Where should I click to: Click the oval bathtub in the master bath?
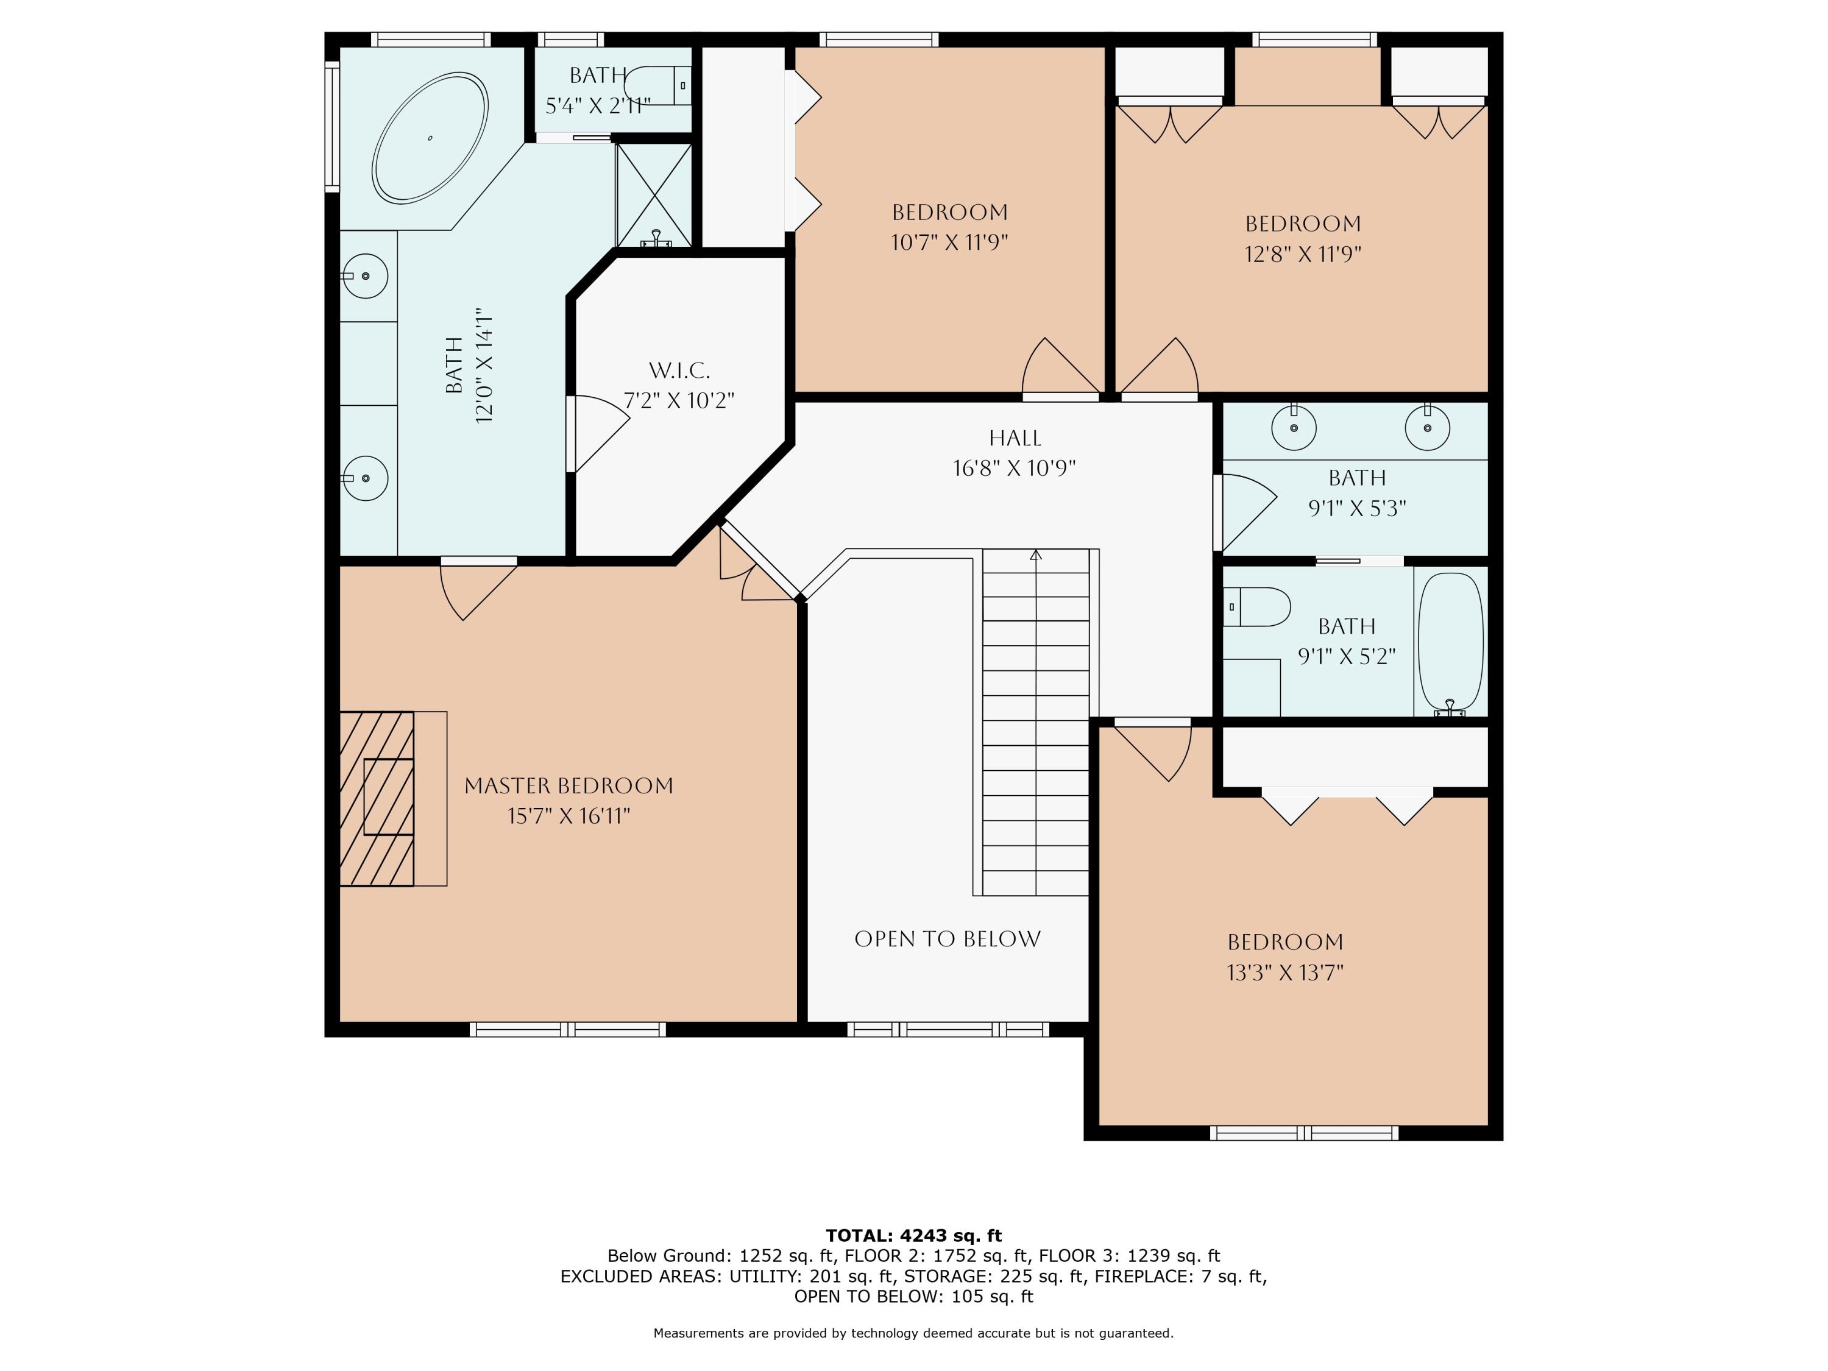pos(430,137)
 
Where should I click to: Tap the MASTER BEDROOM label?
pos(569,786)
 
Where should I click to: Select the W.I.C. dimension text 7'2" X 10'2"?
pos(678,401)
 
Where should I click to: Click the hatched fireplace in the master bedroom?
pos(377,798)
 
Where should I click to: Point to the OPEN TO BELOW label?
pos(947,939)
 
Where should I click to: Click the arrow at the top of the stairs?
pos(1035,555)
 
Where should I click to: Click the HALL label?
pos(1015,438)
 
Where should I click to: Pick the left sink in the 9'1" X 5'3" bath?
pos(1294,427)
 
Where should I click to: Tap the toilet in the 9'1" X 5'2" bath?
pos(1258,606)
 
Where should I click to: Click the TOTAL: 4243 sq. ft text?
pos(913,1236)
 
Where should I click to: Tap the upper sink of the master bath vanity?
pos(365,276)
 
